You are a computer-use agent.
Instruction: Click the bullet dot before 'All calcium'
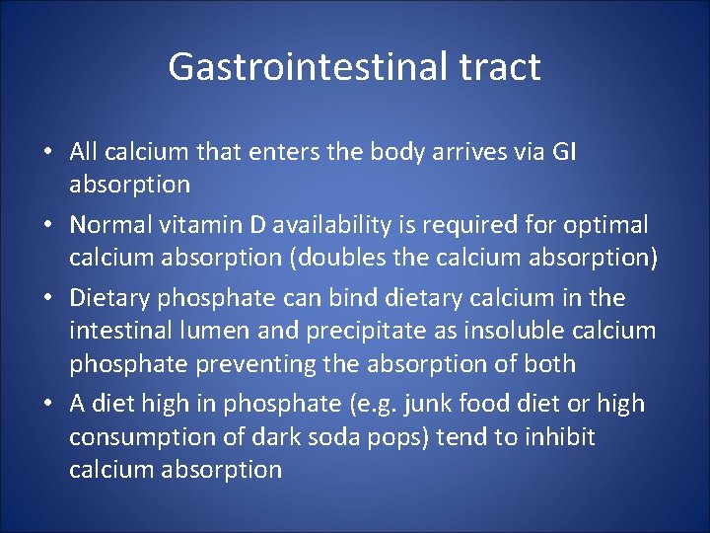point(47,153)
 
